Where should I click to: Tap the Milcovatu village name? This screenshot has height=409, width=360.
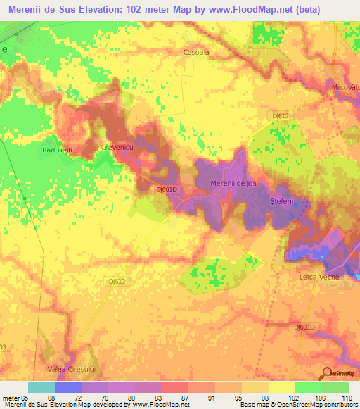coord(345,86)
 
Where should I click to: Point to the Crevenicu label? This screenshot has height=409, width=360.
coord(117,147)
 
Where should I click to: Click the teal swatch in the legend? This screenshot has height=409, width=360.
coord(41,387)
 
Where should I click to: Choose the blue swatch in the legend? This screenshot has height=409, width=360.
coord(67,387)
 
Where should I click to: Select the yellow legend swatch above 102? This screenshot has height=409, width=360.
coord(281,387)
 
